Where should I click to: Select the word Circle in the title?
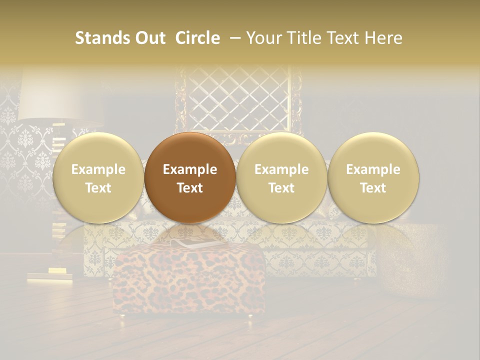click(197, 38)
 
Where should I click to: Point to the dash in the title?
click(233, 38)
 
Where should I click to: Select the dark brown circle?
click(190, 178)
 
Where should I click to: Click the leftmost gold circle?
click(98, 178)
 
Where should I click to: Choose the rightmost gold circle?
click(373, 178)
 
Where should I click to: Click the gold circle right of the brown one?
click(281, 178)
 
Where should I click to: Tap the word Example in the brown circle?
click(190, 169)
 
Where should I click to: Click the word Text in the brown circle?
click(190, 188)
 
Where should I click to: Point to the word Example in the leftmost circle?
click(98, 169)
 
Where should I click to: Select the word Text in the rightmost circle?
click(373, 188)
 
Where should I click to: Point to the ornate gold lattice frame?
click(239, 100)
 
